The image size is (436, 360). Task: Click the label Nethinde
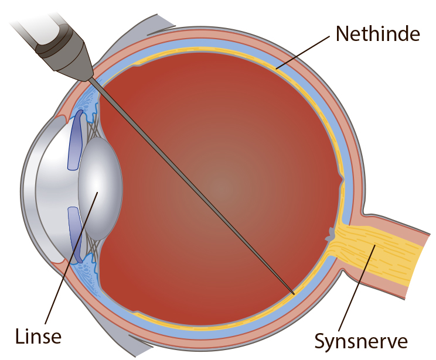click(377, 34)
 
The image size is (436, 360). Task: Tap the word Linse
click(38, 336)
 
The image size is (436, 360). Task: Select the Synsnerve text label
click(361, 341)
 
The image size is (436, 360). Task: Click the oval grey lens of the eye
click(100, 188)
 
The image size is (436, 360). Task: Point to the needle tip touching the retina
click(294, 293)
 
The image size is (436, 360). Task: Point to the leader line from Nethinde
click(303, 52)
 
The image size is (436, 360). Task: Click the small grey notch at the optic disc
click(331, 234)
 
